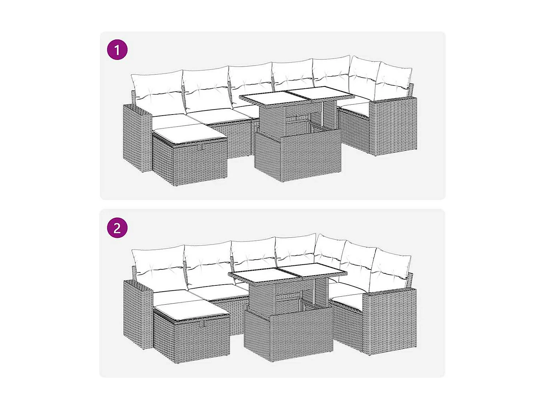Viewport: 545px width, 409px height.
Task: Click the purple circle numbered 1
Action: click(x=117, y=50)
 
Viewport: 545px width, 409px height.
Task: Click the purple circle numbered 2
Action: click(x=117, y=228)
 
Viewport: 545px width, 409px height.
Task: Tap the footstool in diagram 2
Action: click(x=191, y=336)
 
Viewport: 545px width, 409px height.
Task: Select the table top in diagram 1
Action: click(x=296, y=96)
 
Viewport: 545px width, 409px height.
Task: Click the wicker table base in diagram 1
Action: click(x=297, y=156)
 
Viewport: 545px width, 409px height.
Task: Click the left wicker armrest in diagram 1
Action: click(x=137, y=138)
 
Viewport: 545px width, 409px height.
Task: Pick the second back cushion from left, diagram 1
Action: click(x=206, y=89)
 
